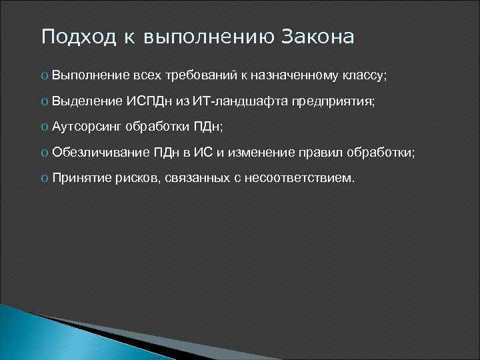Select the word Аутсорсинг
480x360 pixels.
click(x=87, y=127)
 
